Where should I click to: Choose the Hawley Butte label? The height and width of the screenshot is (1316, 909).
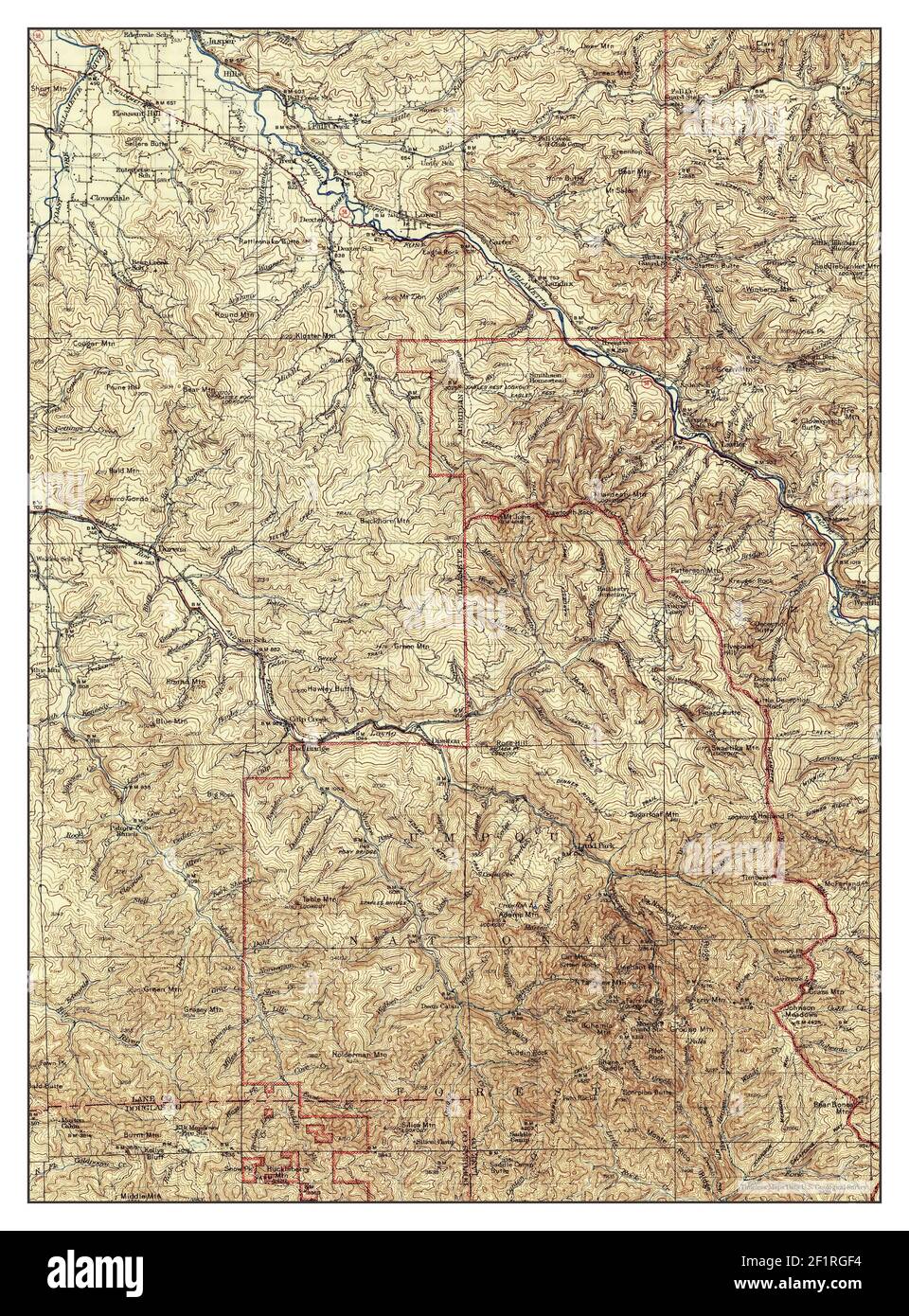[329, 689]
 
